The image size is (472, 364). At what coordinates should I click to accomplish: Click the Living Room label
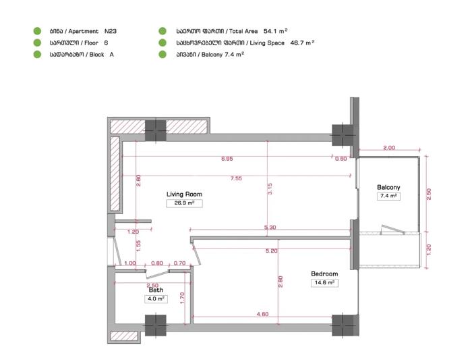(184, 194)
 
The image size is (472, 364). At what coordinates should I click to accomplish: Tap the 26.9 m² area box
(184, 203)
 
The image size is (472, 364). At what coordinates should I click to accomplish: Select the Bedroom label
(324, 274)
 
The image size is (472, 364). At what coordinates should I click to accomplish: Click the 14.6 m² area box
(324, 283)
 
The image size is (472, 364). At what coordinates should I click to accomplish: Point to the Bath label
(156, 290)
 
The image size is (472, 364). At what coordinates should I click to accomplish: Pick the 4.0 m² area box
(156, 299)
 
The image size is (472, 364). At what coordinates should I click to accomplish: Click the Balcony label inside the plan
(388, 187)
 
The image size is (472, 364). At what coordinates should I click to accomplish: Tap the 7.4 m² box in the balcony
(388, 196)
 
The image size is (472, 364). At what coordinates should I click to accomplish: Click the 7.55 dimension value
(236, 178)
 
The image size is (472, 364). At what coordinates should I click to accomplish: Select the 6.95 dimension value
(227, 159)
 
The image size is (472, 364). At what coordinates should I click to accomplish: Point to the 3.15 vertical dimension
(270, 189)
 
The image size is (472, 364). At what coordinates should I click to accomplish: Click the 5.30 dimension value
(270, 228)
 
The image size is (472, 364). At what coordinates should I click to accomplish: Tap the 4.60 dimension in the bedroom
(262, 314)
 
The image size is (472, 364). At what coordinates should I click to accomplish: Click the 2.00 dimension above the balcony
(389, 148)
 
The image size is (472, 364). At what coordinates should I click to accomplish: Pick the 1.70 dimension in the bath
(182, 298)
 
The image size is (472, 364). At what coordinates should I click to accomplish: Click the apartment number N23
(111, 31)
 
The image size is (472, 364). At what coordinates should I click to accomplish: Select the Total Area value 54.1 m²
(275, 31)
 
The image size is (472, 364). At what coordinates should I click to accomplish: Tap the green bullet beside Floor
(37, 43)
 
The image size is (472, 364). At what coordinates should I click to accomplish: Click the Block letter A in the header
(112, 55)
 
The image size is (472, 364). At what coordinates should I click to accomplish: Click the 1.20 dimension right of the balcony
(429, 250)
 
